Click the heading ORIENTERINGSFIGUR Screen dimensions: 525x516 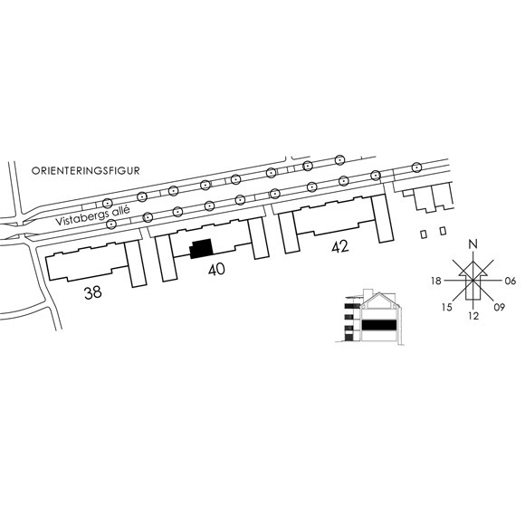coord(85,170)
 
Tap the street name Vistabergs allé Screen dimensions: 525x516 coord(92,216)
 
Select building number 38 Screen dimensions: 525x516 coord(92,292)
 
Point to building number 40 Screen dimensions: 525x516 coord(216,270)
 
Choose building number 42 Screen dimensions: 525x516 coord(340,247)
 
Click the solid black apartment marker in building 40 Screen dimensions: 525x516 coord(202,249)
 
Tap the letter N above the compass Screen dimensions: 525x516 coord(472,244)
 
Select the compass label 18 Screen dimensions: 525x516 coord(436,281)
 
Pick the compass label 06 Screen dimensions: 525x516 coord(511,281)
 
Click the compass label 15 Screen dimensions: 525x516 coord(446,307)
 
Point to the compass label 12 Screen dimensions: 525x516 coord(473,316)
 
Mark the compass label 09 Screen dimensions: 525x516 coord(500,307)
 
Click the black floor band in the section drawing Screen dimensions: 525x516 coord(379,325)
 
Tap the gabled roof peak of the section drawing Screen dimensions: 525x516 coord(378,293)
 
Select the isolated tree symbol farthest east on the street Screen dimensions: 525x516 coord(416,167)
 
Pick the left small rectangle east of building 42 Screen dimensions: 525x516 coord(424,234)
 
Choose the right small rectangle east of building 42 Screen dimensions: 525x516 coord(443,231)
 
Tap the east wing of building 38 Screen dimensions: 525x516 coord(136,263)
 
